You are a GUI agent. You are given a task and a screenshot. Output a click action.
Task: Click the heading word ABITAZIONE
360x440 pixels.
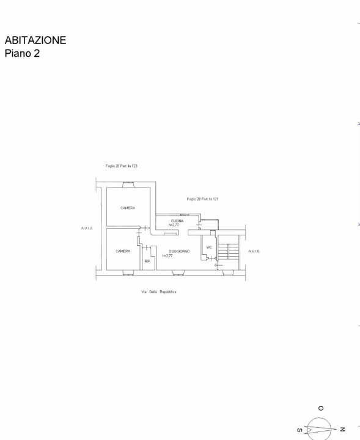[35, 40]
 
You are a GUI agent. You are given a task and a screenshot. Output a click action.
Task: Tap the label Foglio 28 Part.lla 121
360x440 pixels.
[203, 199]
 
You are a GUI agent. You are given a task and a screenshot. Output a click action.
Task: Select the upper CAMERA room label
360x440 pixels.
[128, 208]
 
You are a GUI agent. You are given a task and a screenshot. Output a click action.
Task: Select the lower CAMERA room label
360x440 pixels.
[123, 251]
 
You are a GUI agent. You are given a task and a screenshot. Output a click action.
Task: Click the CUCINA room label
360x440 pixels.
[177, 221]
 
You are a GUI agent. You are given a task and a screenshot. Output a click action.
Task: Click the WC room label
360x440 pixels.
[208, 248]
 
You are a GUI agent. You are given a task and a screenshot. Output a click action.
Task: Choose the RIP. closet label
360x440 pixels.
[147, 261]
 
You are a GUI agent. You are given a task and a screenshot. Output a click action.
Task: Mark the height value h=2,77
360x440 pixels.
[168, 255]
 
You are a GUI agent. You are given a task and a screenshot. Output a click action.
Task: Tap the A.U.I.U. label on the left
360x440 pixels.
[86, 228]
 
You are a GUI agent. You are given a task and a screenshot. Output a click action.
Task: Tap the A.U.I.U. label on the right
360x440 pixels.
[254, 251]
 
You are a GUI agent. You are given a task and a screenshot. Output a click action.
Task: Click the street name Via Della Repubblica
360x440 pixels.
[158, 292]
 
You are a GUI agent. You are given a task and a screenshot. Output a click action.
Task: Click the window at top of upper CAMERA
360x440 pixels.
[128, 184]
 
